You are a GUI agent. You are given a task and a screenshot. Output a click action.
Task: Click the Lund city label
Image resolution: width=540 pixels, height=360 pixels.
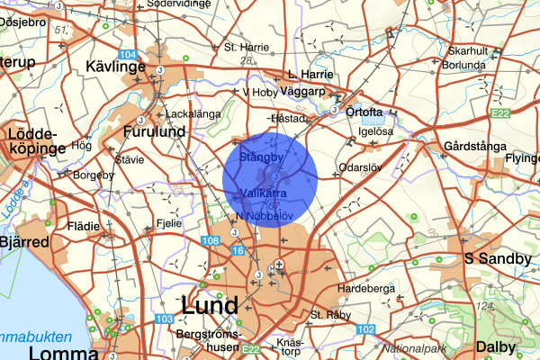pos(210,305)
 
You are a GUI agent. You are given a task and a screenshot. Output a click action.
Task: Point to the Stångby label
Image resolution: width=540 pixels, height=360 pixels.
pos(262,157)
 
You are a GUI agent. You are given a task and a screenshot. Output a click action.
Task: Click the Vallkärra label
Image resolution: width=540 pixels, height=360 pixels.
pos(265,193)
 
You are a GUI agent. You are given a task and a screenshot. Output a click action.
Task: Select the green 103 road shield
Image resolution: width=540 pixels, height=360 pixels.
pos(164,320)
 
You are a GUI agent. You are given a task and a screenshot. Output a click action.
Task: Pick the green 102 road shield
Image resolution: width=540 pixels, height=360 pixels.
pos(365,329)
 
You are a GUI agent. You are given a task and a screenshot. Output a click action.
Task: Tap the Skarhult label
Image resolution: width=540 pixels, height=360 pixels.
pos(467,51)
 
